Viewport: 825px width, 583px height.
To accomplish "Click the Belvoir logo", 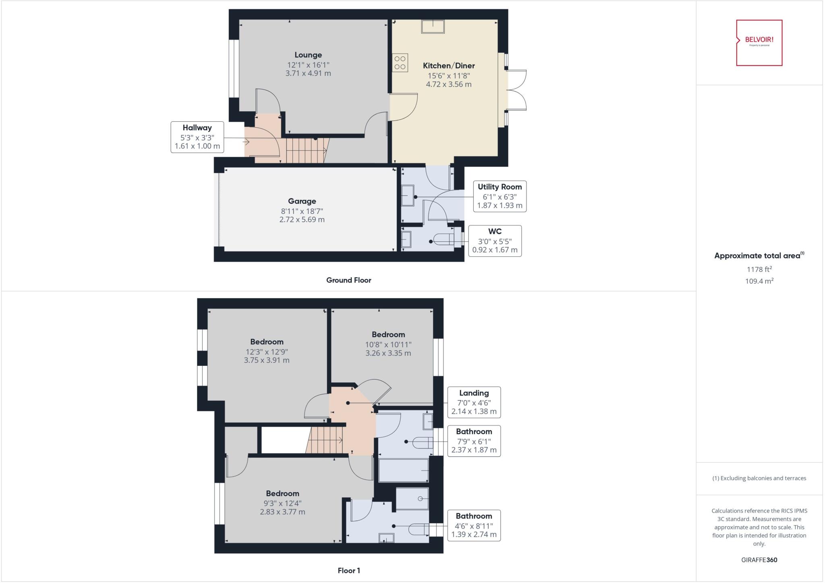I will (759, 43).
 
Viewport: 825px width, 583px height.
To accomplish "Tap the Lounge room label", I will (308, 55).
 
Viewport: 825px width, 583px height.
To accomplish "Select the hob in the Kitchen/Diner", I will (400, 63).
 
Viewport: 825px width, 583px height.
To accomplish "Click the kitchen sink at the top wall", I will (433, 27).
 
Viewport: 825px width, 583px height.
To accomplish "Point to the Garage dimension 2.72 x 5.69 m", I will (302, 220).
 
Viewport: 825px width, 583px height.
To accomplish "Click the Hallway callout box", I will (197, 137).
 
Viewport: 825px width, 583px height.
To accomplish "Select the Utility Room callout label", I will (500, 187).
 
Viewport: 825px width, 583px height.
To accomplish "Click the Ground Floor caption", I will (348, 280).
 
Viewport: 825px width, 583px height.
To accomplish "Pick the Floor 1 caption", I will (348, 571).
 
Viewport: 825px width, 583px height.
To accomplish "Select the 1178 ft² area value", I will (759, 269).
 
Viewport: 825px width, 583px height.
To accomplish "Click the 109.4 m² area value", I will (759, 281).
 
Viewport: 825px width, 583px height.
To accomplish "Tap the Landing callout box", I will (474, 402).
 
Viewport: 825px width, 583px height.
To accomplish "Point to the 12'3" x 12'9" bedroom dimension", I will (267, 352).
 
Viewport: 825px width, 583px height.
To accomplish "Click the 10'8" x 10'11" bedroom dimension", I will (388, 344).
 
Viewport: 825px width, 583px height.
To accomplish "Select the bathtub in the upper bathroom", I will (403, 470).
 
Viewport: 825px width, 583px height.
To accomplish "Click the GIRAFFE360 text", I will (759, 560).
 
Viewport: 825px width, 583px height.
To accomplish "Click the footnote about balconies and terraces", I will (759, 478).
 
